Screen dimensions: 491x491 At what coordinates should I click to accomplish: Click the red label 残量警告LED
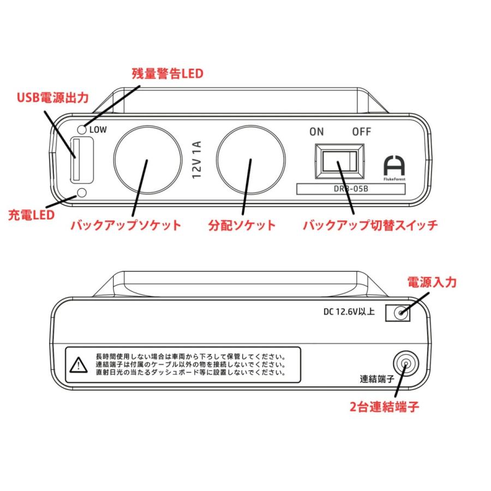(167, 73)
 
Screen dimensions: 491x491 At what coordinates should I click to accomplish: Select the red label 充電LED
(31, 214)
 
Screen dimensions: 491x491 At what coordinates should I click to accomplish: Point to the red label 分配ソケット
(242, 225)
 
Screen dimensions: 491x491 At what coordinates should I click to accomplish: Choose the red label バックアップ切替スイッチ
(370, 225)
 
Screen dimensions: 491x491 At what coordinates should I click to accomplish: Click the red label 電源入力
(432, 283)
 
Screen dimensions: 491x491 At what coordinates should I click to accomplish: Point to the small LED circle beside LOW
(82, 129)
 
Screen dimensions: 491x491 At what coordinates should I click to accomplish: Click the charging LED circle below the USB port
(82, 193)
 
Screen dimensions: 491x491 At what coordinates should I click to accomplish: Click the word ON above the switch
(316, 131)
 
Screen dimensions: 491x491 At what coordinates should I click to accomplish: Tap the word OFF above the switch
(361, 131)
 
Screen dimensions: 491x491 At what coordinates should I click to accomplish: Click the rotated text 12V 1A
(197, 160)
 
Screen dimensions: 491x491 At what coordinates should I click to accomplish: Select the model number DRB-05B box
(351, 189)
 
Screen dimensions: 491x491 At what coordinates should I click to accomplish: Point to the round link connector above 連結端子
(404, 362)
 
